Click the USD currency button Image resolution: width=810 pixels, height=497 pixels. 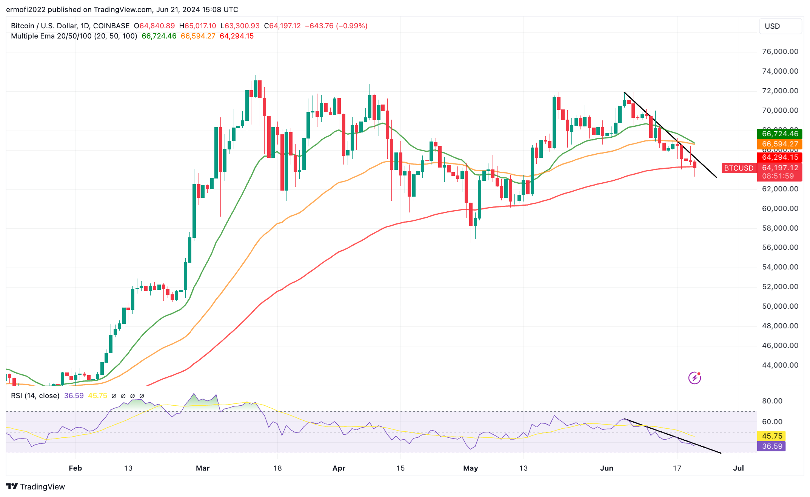[780, 26]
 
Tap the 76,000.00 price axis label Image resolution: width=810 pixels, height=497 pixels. [780, 52]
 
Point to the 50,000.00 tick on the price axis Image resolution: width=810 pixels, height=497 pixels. [780, 306]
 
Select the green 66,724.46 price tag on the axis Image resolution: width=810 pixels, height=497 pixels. [779, 134]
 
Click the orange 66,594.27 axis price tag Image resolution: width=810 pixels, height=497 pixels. [779, 144]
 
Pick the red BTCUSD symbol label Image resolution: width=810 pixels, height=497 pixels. [739, 168]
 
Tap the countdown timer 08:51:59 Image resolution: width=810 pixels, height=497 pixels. [778, 176]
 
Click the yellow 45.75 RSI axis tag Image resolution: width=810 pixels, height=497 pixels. [772, 436]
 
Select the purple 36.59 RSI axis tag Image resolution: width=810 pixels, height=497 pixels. [772, 446]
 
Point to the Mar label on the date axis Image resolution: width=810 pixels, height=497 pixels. [203, 468]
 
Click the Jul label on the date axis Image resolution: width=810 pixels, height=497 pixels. [738, 468]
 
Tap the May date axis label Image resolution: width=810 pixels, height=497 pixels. [470, 468]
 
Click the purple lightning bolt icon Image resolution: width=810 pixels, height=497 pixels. [695, 378]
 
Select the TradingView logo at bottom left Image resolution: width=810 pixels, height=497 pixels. [35, 487]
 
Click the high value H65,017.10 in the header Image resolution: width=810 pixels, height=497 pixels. [197, 26]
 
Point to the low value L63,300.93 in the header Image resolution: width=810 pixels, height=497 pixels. [240, 26]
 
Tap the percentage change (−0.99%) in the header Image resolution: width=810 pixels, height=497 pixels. [351, 26]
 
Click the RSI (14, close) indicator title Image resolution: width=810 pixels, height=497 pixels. [35, 396]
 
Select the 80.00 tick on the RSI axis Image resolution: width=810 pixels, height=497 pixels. [772, 401]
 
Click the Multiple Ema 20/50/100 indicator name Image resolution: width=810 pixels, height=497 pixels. [74, 36]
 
